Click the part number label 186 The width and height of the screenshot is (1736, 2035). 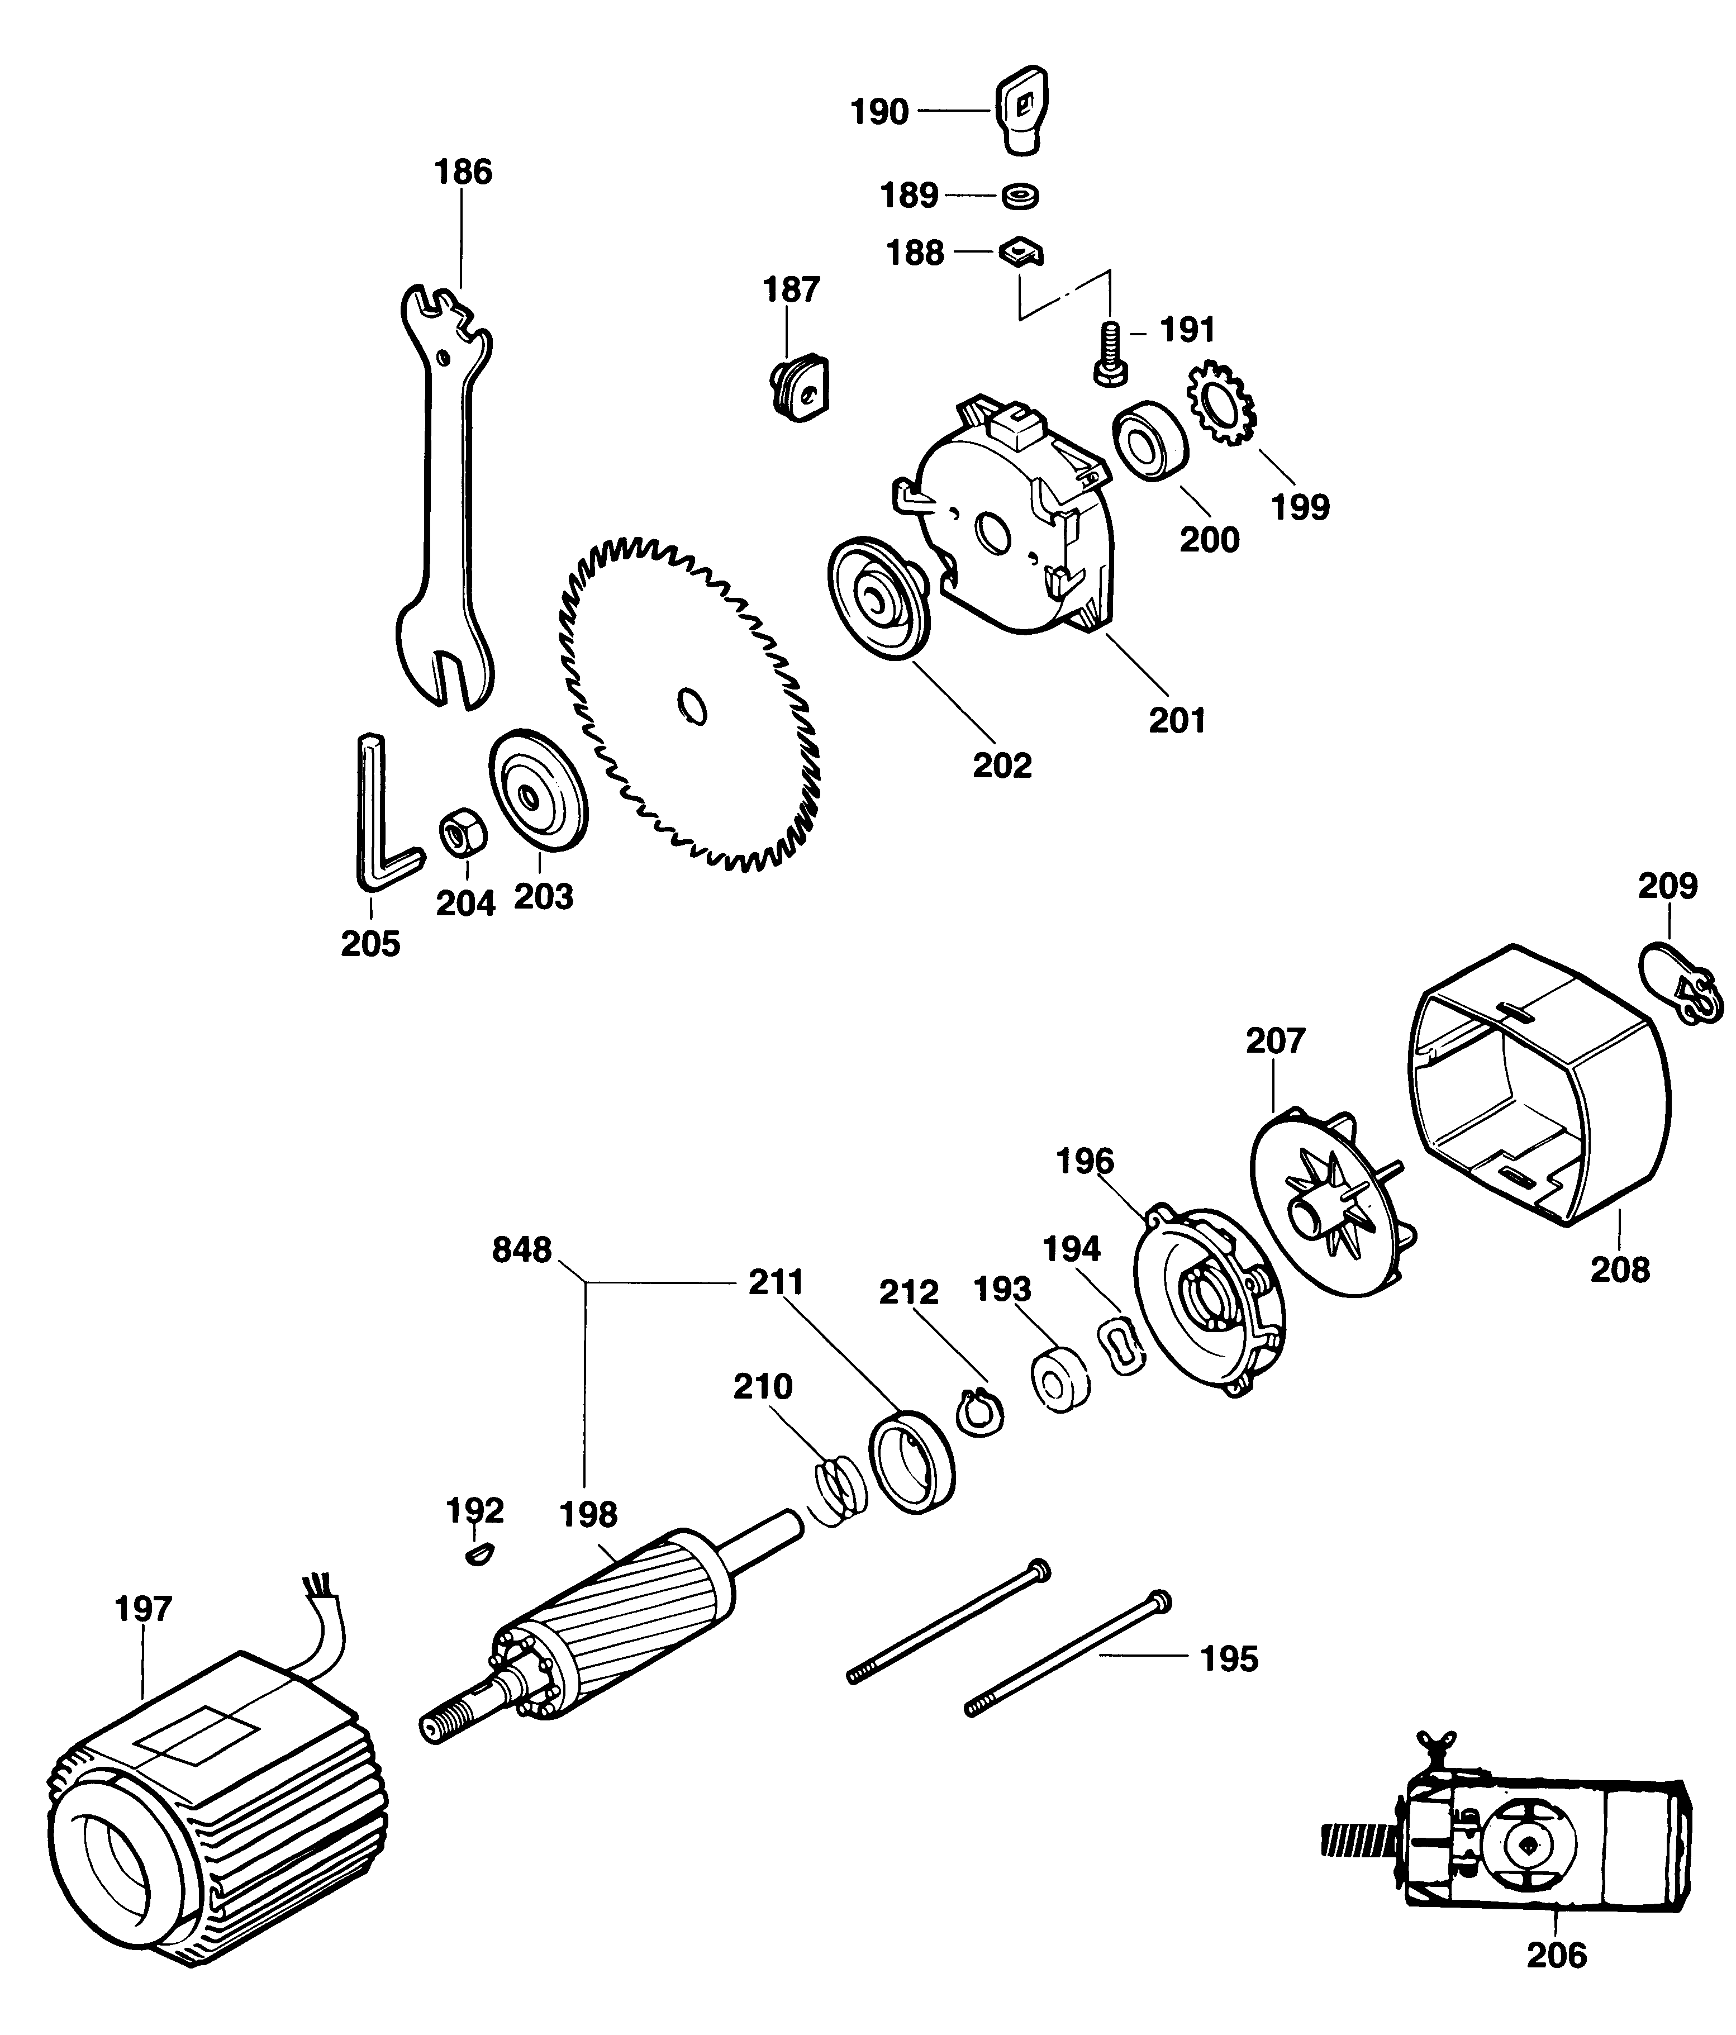pyautogui.click(x=463, y=173)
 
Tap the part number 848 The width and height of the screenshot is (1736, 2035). pyautogui.click(x=521, y=1251)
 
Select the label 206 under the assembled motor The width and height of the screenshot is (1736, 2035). pyautogui.click(x=1556, y=1982)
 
